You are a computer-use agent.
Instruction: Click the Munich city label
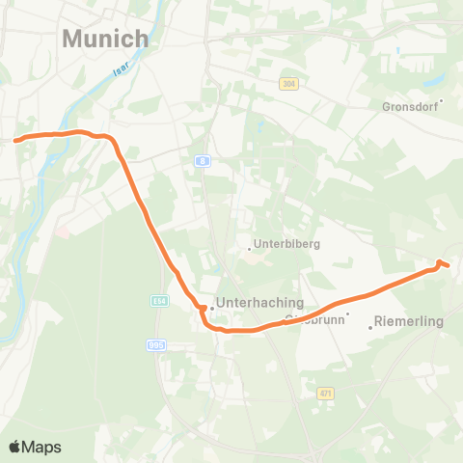(105, 39)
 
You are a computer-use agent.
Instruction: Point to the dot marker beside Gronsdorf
(441, 99)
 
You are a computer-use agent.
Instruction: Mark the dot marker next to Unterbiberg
(249, 248)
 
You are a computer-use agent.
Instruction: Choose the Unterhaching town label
(260, 302)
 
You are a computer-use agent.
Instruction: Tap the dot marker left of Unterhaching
(212, 309)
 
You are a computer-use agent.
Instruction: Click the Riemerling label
(407, 320)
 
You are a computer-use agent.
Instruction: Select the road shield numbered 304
(288, 84)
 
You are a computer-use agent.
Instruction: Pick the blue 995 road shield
(156, 344)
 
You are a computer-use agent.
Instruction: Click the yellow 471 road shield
(325, 393)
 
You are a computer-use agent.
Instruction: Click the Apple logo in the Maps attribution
(14, 447)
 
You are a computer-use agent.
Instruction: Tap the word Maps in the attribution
(41, 447)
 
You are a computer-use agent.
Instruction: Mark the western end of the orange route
(16, 140)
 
